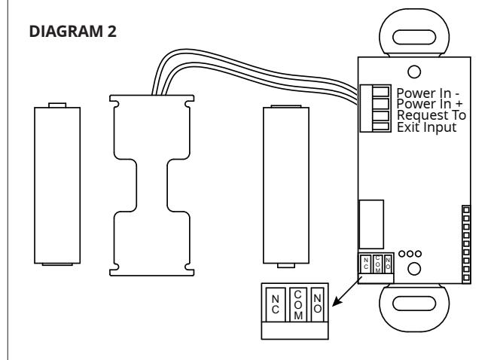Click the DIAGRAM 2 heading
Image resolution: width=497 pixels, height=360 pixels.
pyautogui.click(x=72, y=32)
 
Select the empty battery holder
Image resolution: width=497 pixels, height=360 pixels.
pyautogui.click(x=152, y=185)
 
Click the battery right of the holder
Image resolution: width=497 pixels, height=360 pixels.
pyautogui.click(x=286, y=186)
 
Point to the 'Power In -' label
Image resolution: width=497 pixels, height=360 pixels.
pyautogui.click(x=428, y=93)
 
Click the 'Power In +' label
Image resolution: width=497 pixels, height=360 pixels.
pyautogui.click(x=429, y=104)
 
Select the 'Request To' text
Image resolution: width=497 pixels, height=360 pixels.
pyautogui.click(x=431, y=115)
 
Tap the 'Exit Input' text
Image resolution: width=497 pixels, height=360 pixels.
pyautogui.click(x=427, y=127)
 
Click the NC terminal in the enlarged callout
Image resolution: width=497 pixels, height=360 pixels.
pyautogui.click(x=276, y=304)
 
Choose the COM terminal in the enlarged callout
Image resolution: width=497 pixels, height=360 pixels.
pyautogui.click(x=298, y=304)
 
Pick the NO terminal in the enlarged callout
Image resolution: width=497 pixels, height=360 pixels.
pyautogui.click(x=317, y=304)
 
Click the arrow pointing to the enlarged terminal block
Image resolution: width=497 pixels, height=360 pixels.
pyautogui.click(x=346, y=291)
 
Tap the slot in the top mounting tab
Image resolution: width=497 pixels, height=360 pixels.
pyautogui.click(x=414, y=37)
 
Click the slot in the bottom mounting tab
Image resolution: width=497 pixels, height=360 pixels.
pyautogui.click(x=414, y=304)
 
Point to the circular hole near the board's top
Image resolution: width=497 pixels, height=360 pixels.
pyautogui.click(x=414, y=72)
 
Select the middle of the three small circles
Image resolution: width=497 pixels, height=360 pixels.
pyautogui.click(x=410, y=254)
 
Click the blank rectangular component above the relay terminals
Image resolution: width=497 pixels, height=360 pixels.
pyautogui.click(x=371, y=224)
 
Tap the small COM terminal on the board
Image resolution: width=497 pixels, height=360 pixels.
pyautogui.click(x=377, y=264)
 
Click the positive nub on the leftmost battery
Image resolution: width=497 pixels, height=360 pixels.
pyautogui.click(x=57, y=105)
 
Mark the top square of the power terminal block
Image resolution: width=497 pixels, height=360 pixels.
pyautogui.click(x=381, y=92)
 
